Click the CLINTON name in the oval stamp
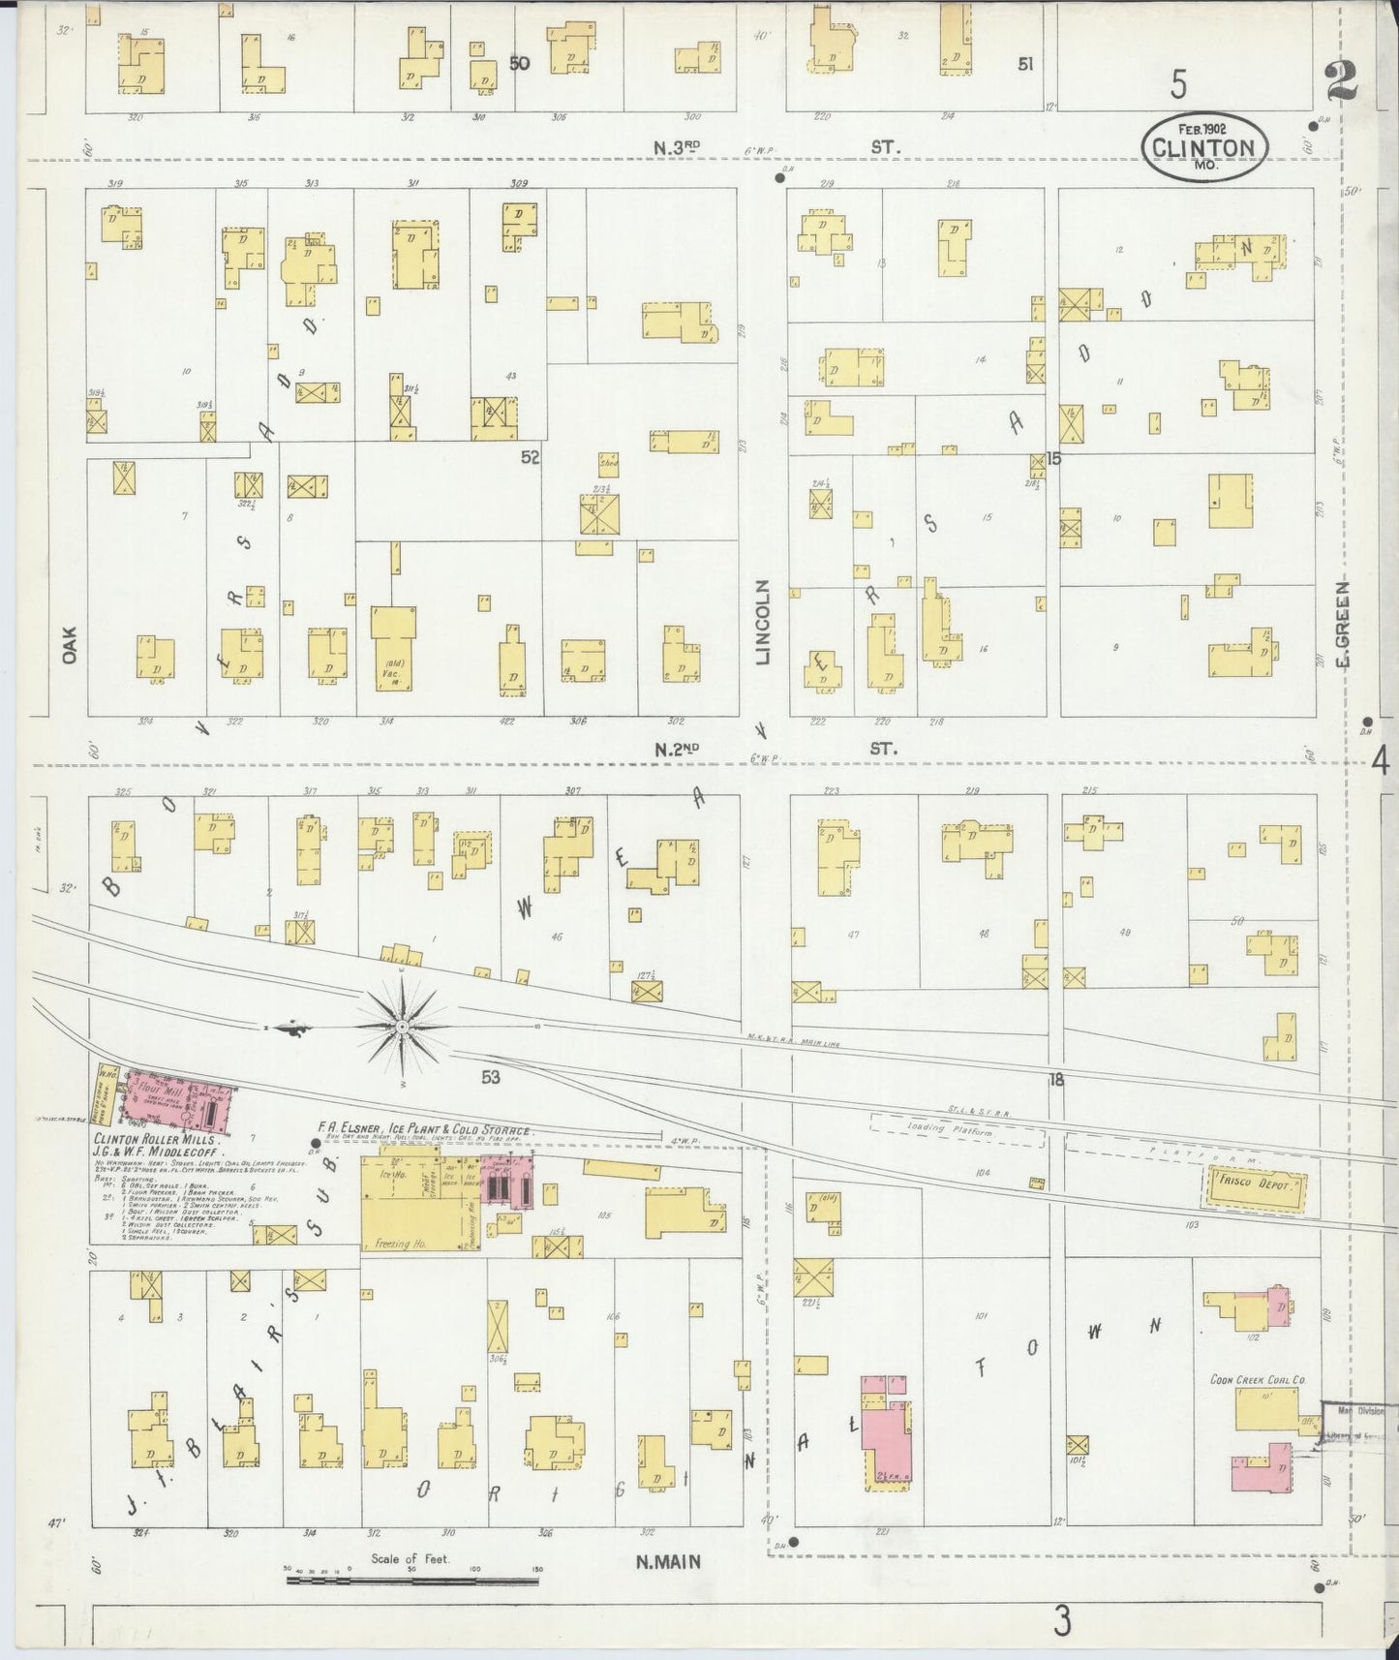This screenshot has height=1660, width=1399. click(1204, 148)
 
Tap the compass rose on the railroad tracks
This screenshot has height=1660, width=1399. click(402, 1025)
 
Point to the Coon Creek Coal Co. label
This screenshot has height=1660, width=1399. click(1258, 1379)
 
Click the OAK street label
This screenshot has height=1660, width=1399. click(69, 643)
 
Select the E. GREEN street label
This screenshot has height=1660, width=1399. click(1343, 625)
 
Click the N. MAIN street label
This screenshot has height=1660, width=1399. click(669, 1561)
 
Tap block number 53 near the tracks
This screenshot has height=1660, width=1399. click(491, 1076)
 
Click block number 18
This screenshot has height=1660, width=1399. click(1055, 1079)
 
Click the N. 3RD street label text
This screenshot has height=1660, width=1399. click(678, 147)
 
